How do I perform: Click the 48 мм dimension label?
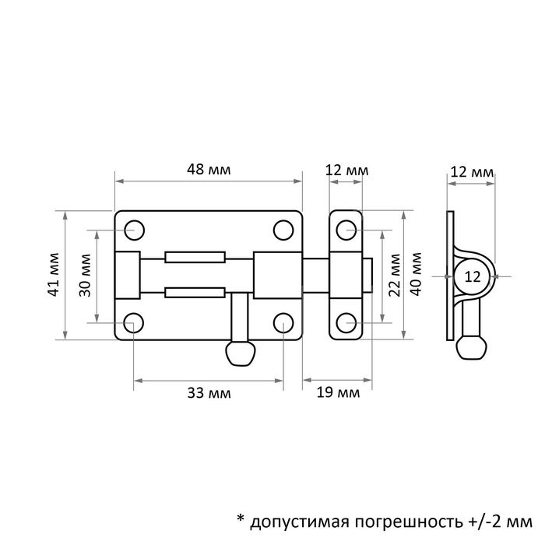[209, 170]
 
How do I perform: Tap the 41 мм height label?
[54, 275]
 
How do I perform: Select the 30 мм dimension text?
[85, 276]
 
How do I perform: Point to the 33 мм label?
[209, 393]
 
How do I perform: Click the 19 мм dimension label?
[338, 392]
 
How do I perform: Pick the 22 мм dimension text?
[395, 276]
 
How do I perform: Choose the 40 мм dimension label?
[416, 274]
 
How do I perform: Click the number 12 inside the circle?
[473, 277]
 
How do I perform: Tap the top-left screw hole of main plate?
[134, 230]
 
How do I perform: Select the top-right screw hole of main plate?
[283, 230]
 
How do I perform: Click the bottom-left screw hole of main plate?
[134, 322]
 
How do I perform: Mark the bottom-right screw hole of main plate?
[283, 322]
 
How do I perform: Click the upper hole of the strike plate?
[346, 230]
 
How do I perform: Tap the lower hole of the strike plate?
[346, 322]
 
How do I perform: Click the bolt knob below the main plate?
[241, 353]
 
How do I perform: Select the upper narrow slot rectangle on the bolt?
[195, 257]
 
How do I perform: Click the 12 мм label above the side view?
[472, 172]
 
